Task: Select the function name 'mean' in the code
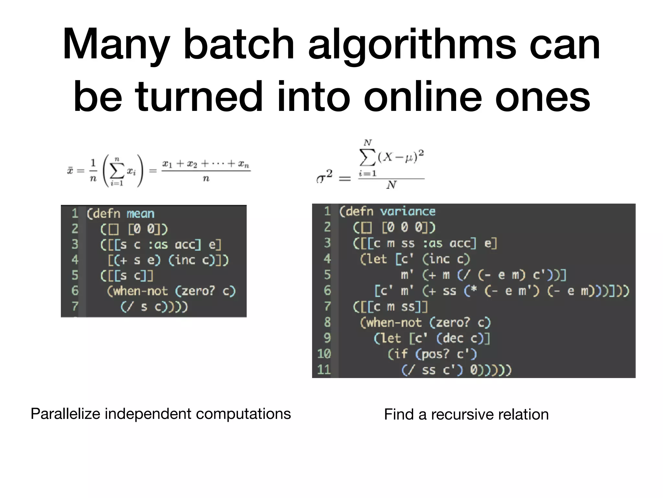pyautogui.click(x=140, y=214)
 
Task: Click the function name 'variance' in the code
pyautogui.click(x=408, y=212)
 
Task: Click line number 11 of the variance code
pyautogui.click(x=324, y=370)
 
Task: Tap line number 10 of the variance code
pyautogui.click(x=324, y=354)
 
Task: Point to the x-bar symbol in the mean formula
pyautogui.click(x=70, y=170)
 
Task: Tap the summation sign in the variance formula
pyautogui.click(x=368, y=158)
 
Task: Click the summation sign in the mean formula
pyautogui.click(x=117, y=171)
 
